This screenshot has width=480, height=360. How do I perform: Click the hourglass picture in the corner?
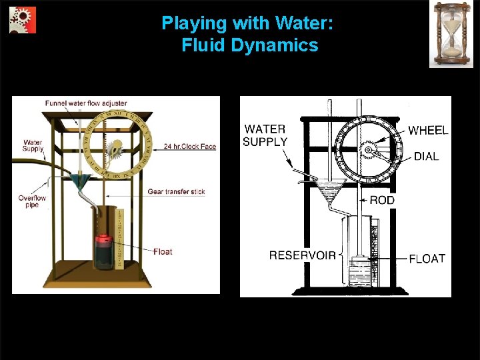pyautogui.click(x=451, y=34)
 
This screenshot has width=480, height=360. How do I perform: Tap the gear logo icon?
pyautogui.click(x=23, y=21)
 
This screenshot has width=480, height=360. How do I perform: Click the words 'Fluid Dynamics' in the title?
pyautogui.click(x=249, y=45)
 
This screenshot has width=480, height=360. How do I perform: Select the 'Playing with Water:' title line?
pyautogui.click(x=247, y=23)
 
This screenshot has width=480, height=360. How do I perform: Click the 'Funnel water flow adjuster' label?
pyautogui.click(x=86, y=103)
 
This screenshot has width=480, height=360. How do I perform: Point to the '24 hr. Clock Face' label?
pyautogui.click(x=189, y=147)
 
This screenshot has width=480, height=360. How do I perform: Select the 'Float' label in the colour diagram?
pyautogui.click(x=162, y=251)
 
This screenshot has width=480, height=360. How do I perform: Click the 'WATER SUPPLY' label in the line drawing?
pyautogui.click(x=265, y=135)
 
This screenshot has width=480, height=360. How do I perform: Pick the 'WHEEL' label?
pyautogui.click(x=428, y=131)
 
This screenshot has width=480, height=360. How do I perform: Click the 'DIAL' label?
pyautogui.click(x=426, y=157)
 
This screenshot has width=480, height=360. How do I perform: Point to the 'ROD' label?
pyautogui.click(x=382, y=200)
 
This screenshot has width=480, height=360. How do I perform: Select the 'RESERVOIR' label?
pyautogui.click(x=302, y=255)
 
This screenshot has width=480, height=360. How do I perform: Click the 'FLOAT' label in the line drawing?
pyautogui.click(x=427, y=258)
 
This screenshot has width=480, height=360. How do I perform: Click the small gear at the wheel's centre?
pyautogui.click(x=367, y=151)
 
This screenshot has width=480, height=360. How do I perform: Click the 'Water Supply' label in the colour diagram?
pyautogui.click(x=32, y=145)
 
